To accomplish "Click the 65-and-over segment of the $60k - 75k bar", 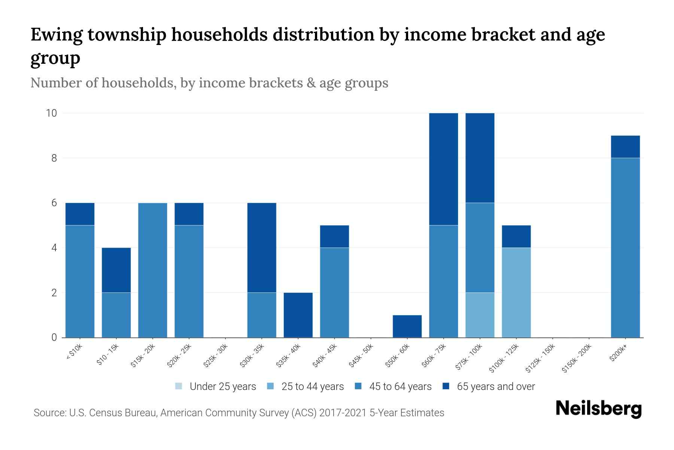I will coord(443,169).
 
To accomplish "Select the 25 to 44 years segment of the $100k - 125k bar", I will coord(516,292).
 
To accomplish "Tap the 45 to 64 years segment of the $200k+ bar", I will coord(625,247).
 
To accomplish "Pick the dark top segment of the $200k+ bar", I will coord(625,147).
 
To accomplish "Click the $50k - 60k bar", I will coord(407,326).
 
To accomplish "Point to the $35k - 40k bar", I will coord(298,315).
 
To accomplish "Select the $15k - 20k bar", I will coord(153,270).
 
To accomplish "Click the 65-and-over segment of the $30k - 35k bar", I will coord(262,247).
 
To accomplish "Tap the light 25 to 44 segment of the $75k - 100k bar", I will coord(480,315).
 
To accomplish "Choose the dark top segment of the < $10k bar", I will coord(80,214).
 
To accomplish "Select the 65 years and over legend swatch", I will coord(446,386).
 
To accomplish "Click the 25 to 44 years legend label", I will coord(312,387).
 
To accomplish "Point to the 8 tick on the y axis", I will coord(54,158).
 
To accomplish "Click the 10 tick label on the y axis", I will coord(51,113).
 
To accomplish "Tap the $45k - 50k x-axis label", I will coord(361,358).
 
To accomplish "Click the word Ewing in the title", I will coord(56,35).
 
